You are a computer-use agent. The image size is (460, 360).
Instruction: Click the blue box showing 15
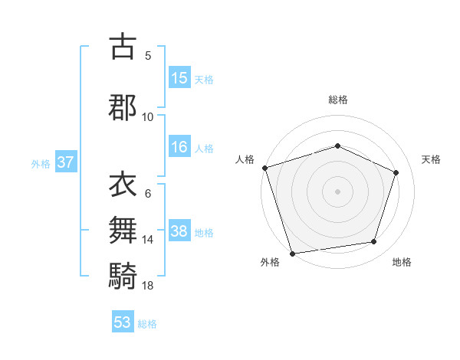click(179, 77)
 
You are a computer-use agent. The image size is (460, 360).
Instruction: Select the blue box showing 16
click(179, 147)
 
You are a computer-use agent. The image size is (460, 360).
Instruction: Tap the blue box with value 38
click(179, 231)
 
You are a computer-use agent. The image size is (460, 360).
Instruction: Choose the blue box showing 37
click(66, 162)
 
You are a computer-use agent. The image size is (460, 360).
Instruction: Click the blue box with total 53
click(123, 322)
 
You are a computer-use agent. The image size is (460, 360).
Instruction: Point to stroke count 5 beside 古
click(148, 56)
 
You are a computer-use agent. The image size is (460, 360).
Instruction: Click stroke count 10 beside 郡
click(148, 116)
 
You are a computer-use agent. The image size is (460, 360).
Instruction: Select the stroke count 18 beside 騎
click(148, 285)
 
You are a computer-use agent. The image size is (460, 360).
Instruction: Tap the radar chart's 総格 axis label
click(338, 100)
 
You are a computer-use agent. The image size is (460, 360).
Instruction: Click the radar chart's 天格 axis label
click(432, 159)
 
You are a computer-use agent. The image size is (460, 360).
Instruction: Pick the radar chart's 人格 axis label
click(245, 159)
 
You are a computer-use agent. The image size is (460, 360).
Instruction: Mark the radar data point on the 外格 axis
click(292, 252)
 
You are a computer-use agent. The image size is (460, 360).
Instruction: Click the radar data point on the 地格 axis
click(374, 242)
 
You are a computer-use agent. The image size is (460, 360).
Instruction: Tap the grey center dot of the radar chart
click(338, 191)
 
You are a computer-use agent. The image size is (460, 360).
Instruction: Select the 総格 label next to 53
click(147, 324)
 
